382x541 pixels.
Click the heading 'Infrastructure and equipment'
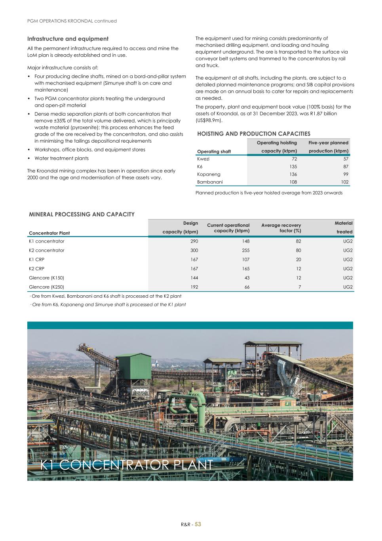point(68,39)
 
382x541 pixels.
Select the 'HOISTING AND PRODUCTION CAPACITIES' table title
point(254,134)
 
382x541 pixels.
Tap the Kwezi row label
point(203,159)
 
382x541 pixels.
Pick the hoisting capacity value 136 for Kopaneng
point(293,174)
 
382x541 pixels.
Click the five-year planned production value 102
point(344,182)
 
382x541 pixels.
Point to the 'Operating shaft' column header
point(214,151)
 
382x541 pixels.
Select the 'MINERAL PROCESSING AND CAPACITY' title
point(82,214)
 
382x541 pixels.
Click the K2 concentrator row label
point(47,250)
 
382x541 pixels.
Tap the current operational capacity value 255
point(245,250)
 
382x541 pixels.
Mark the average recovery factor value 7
point(299,287)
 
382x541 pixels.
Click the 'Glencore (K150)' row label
point(46,278)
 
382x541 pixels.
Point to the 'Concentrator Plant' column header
point(49,233)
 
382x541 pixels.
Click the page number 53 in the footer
point(198,524)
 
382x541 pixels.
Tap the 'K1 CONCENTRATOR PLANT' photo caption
point(127,465)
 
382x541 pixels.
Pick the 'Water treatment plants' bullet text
point(61,159)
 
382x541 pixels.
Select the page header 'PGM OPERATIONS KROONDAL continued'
point(72,21)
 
